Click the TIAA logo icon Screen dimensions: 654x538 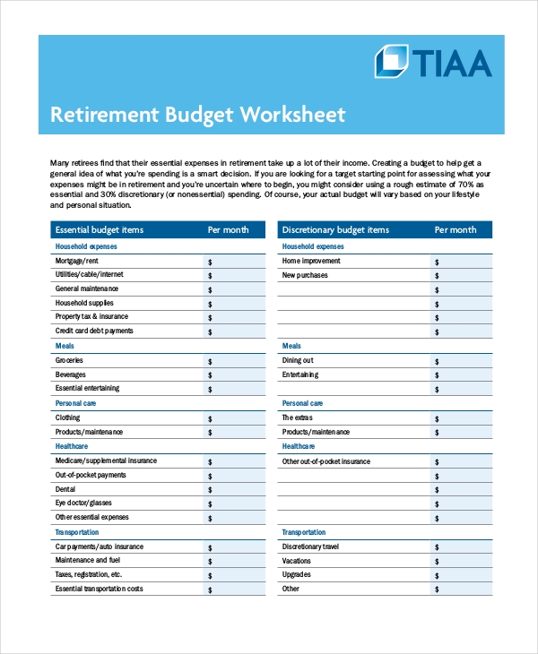click(391, 61)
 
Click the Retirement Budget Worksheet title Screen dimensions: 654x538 click(196, 116)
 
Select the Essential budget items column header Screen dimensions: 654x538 click(100, 230)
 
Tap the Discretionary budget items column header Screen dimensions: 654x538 click(335, 230)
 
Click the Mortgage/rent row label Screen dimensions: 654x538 click(77, 261)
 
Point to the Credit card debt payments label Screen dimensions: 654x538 click(94, 331)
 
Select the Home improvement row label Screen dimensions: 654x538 click(311, 261)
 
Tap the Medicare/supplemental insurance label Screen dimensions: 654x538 click(106, 461)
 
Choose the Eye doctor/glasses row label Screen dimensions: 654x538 click(83, 503)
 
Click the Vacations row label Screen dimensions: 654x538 click(298, 560)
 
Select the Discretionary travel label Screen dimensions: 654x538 click(310, 546)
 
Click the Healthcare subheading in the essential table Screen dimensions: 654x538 click(72, 446)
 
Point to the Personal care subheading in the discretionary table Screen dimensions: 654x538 click(302, 403)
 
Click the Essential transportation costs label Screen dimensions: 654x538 click(99, 589)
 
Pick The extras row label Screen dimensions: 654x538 click(299, 417)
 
